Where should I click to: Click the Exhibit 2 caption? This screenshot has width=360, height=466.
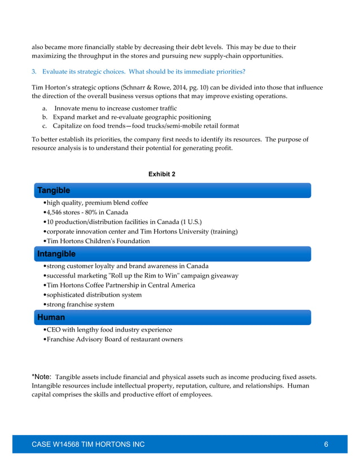point(161,174)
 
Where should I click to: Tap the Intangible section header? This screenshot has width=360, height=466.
point(56,254)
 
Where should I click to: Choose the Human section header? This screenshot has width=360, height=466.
point(51,318)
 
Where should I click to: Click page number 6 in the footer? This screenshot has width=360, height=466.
point(326,445)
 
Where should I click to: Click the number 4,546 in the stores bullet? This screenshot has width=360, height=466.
point(56,213)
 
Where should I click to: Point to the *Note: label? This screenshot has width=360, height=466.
point(42,376)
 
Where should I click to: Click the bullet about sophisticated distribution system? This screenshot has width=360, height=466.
point(94,295)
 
